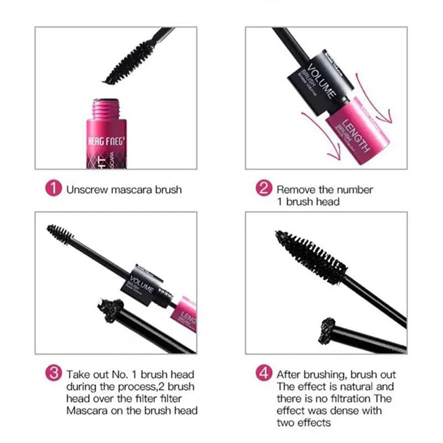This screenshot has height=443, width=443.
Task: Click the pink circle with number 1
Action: pyautogui.click(x=53, y=189)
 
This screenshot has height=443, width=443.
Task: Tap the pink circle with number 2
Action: pyautogui.click(x=264, y=189)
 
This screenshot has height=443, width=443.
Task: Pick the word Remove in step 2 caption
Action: pyautogui.click(x=296, y=189)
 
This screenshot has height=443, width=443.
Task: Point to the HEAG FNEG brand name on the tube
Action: pyautogui.click(x=105, y=141)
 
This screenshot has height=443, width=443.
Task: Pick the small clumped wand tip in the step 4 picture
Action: pyautogui.click(x=329, y=326)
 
